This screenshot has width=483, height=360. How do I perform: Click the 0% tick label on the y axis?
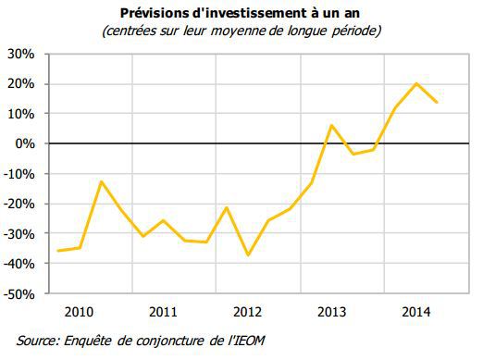point(25,144)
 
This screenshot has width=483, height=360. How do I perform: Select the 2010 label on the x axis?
point(80,311)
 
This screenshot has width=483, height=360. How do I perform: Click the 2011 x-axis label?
point(163,311)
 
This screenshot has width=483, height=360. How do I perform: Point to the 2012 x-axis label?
point(247,311)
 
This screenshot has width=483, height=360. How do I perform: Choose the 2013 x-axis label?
point(331,311)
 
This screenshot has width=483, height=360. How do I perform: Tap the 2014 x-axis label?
point(415,311)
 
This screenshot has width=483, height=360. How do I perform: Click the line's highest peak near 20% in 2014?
point(416,83)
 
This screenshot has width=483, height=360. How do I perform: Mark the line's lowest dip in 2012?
point(248,255)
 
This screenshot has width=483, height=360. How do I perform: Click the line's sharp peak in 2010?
point(100,181)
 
